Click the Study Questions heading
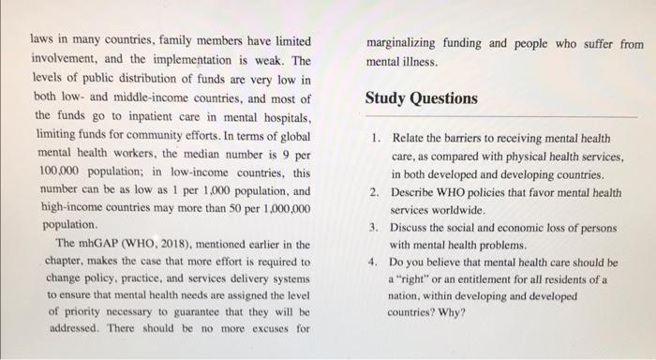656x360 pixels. click(x=421, y=98)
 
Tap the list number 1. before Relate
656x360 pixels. click(x=375, y=140)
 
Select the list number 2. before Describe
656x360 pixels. click(x=375, y=193)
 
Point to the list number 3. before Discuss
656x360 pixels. click(x=375, y=227)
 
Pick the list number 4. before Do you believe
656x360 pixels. click(x=375, y=262)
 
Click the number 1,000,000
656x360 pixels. click(x=286, y=209)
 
